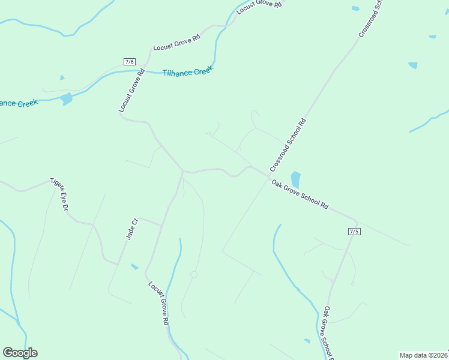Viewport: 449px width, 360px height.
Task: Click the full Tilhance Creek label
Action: [188, 72]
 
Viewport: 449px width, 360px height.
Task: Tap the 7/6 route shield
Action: [130, 62]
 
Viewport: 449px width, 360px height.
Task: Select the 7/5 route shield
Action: [354, 232]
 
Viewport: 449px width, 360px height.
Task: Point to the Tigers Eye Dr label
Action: [60, 194]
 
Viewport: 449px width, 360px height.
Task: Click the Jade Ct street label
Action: [132, 229]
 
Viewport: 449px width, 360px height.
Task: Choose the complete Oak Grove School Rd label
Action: [300, 194]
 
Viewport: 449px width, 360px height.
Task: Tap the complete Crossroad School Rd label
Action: [288, 144]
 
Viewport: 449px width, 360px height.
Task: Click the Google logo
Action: [20, 353]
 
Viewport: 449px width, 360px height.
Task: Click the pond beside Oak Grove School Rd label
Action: [295, 179]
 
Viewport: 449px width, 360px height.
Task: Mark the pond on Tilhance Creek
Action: [67, 98]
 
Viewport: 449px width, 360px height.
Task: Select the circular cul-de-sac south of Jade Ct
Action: [194, 274]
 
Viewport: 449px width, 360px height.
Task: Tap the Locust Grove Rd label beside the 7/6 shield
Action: [132, 91]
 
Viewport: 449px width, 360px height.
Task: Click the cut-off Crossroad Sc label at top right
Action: [370, 19]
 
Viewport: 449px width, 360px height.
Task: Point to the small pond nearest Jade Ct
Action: [134, 266]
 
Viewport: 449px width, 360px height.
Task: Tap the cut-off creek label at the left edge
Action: [19, 103]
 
